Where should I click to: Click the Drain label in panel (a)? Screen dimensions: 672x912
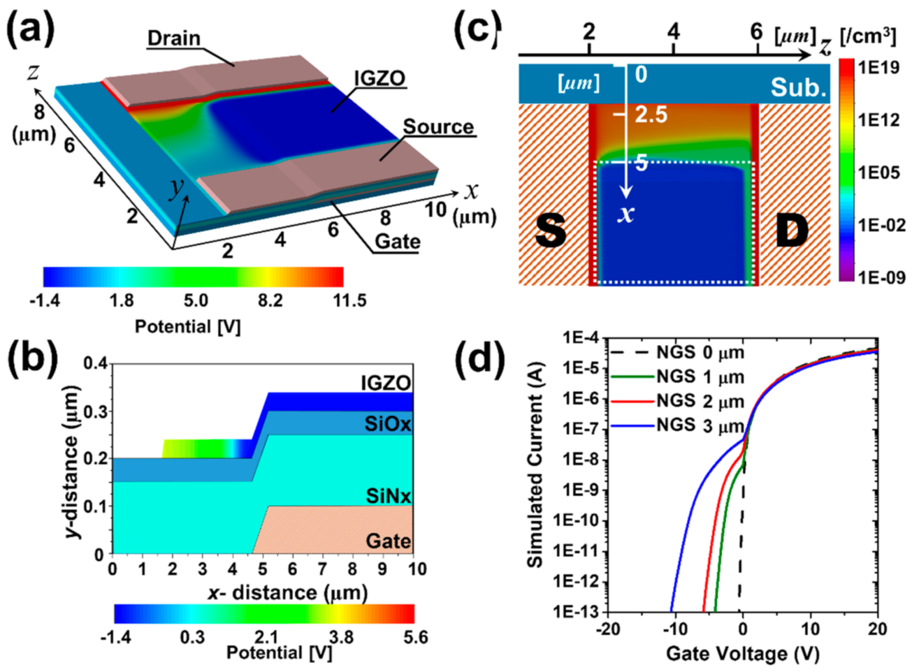(x=173, y=38)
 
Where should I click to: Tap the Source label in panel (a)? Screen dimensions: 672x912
(x=438, y=126)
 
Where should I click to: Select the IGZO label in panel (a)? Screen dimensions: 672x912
(x=380, y=78)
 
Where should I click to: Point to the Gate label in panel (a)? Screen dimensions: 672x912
(x=397, y=241)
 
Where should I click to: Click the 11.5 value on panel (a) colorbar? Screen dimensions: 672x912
(x=349, y=300)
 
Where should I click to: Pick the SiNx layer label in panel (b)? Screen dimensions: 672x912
(x=388, y=496)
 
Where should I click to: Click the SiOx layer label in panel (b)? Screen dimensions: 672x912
(x=387, y=424)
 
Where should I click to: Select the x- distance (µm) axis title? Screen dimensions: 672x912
(x=288, y=593)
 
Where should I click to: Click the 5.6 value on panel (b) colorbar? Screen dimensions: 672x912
(x=415, y=637)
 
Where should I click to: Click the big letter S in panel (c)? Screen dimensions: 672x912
(x=550, y=230)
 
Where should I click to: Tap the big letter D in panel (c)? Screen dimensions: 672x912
(x=791, y=230)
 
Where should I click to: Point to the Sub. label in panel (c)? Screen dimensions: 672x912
(x=798, y=88)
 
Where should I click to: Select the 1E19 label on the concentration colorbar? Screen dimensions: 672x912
(x=878, y=67)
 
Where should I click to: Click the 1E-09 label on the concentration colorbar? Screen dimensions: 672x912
(x=881, y=277)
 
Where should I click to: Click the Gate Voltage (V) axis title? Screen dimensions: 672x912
(x=742, y=653)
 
